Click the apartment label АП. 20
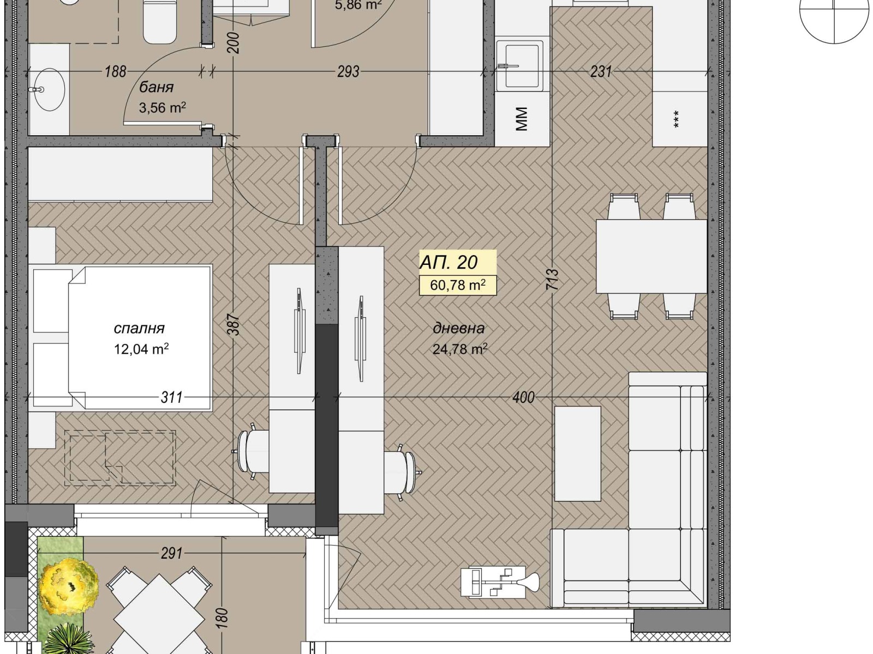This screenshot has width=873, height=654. click(449, 263)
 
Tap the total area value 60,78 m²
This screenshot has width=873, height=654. click(458, 285)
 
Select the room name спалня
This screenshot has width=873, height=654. click(139, 329)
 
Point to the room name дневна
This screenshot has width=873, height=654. click(458, 329)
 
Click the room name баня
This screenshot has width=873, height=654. click(156, 87)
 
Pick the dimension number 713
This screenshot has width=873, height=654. click(552, 278)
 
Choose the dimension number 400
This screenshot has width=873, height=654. click(523, 397)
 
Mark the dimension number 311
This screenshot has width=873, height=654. click(171, 397)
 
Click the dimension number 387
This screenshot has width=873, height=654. click(235, 325)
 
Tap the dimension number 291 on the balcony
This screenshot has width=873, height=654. click(171, 553)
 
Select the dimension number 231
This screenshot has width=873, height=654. click(601, 71)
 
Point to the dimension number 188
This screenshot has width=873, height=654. click(115, 71)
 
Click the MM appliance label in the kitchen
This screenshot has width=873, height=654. click(522, 119)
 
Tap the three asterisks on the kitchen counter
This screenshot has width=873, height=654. click(676, 119)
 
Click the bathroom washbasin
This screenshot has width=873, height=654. click(49, 89)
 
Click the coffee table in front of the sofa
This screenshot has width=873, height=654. click(577, 453)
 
